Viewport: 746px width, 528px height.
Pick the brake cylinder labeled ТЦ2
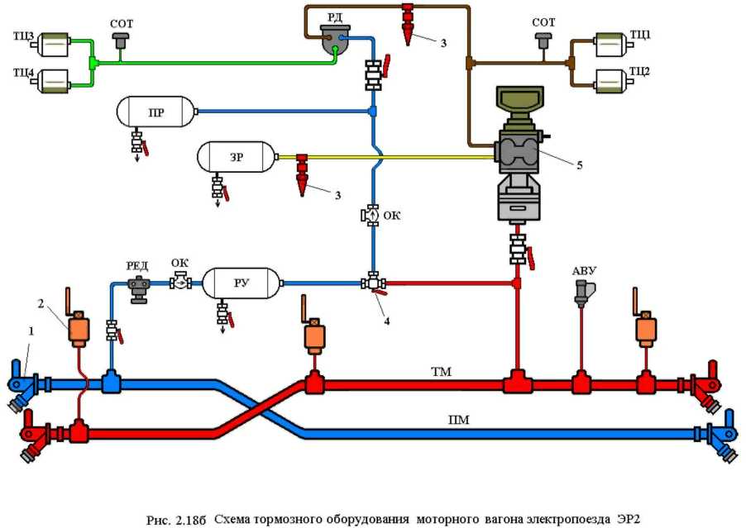pyautogui.click(x=613, y=81)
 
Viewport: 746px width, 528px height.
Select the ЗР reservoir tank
pyautogui.click(x=236, y=156)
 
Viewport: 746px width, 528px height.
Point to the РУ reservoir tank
pyautogui.click(x=241, y=283)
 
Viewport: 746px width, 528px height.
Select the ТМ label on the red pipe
pyautogui.click(x=442, y=373)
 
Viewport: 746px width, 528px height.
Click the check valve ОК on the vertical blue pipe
pyautogui.click(x=372, y=216)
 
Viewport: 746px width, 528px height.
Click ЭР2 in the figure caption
pyautogui.click(x=624, y=518)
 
